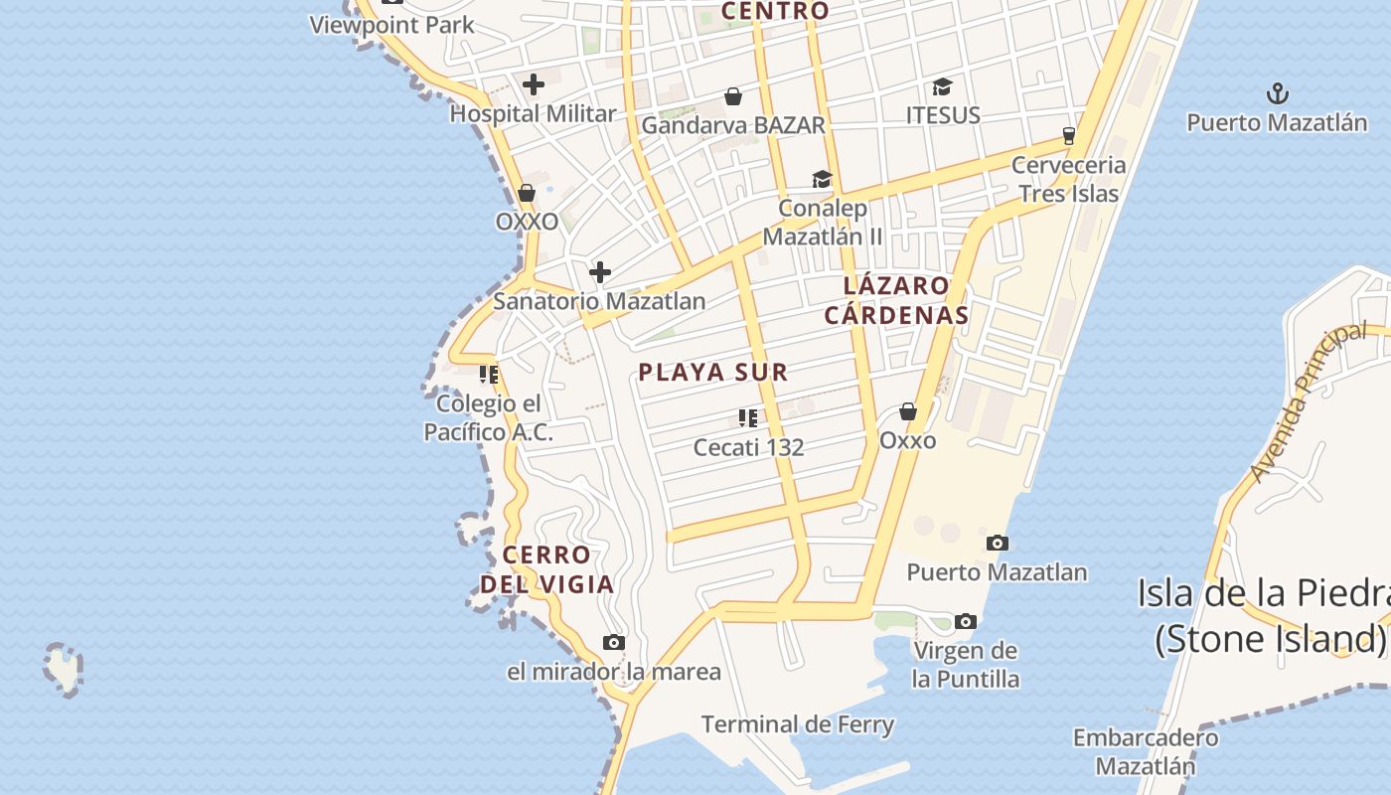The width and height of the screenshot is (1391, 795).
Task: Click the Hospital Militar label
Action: click(533, 114)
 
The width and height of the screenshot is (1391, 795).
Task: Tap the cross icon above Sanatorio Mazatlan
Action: click(600, 272)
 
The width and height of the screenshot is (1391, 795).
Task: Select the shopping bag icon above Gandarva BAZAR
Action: click(733, 96)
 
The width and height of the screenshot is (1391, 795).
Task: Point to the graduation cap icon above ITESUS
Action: click(942, 87)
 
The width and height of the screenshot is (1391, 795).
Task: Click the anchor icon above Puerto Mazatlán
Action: click(1277, 94)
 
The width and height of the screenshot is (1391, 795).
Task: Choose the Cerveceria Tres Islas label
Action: click(1069, 179)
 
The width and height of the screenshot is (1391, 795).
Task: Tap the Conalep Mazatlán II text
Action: click(823, 223)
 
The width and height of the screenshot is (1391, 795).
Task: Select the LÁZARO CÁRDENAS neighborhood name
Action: click(905, 300)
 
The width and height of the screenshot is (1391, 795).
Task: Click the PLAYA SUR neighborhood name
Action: click(712, 373)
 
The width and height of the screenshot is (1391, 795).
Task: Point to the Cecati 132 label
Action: click(748, 447)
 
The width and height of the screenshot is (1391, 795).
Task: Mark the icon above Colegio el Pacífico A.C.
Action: click(489, 375)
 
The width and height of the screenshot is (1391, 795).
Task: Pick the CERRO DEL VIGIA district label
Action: click(547, 569)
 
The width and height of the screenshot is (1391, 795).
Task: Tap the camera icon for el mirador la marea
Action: click(614, 643)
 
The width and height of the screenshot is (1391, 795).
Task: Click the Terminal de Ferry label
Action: click(798, 724)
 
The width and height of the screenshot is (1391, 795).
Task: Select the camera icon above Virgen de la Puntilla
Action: click(965, 622)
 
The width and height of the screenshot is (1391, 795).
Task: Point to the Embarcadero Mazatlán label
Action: click(1146, 751)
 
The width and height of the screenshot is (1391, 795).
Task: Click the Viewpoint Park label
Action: click(392, 25)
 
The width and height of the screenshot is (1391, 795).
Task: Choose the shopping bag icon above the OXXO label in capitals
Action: click(527, 193)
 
